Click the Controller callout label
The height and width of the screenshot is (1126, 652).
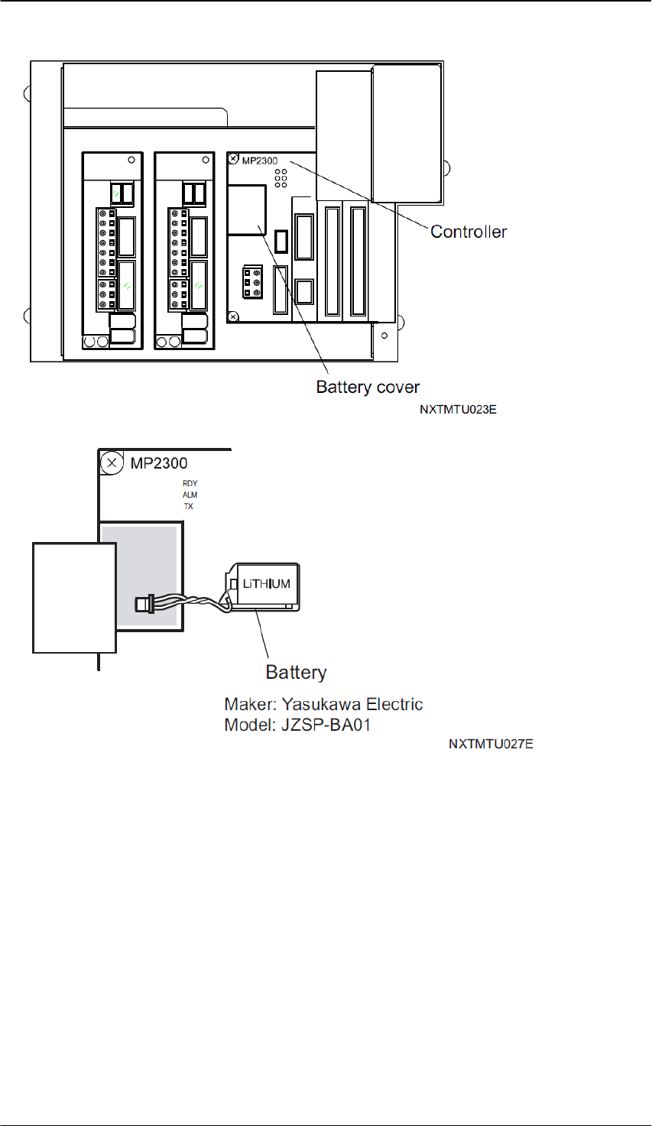pyautogui.click(x=469, y=232)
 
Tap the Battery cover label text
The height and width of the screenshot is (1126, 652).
pyautogui.click(x=368, y=387)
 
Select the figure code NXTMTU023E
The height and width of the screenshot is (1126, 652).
pyautogui.click(x=458, y=409)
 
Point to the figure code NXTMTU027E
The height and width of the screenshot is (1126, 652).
pyautogui.click(x=491, y=744)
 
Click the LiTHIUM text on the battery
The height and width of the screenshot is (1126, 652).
pyautogui.click(x=267, y=583)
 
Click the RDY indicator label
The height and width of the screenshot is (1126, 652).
pyautogui.click(x=190, y=483)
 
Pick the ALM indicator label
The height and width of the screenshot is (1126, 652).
pyautogui.click(x=190, y=495)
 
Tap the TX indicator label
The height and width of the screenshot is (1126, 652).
pyautogui.click(x=189, y=506)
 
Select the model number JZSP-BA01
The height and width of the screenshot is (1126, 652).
pyautogui.click(x=326, y=725)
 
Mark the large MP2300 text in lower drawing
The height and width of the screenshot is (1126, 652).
pyautogui.click(x=159, y=463)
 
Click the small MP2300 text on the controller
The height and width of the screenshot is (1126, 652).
pyautogui.click(x=260, y=161)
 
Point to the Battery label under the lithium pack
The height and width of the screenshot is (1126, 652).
pyautogui.click(x=296, y=672)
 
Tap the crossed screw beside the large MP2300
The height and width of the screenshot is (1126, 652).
pyautogui.click(x=112, y=462)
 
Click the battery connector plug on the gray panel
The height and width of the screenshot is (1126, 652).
pyautogui.click(x=144, y=603)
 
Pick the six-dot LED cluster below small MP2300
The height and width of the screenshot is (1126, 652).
pyautogui.click(x=281, y=178)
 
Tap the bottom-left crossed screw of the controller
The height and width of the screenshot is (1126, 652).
pyautogui.click(x=233, y=316)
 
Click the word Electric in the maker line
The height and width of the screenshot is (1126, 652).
pyautogui.click(x=394, y=704)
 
